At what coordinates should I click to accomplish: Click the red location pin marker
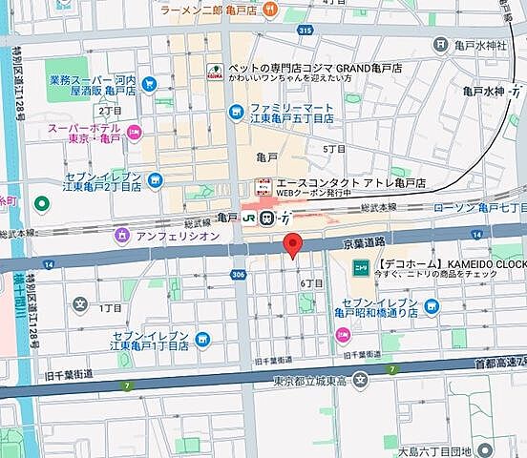pyautogui.click(x=294, y=244)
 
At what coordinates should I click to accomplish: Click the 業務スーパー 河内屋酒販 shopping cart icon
pyautogui.click(x=149, y=84)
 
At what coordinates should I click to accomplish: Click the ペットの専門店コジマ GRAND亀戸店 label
pyautogui.click(x=304, y=71)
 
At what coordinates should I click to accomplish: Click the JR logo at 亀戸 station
pyautogui.click(x=250, y=218)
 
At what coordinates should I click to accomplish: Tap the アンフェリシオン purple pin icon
pyautogui.click(x=122, y=235)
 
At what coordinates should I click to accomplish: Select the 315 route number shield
pyautogui.click(x=306, y=31)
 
